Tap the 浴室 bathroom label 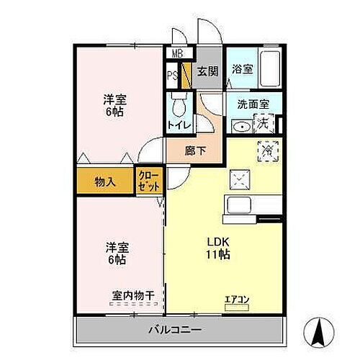click(242, 70)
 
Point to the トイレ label click(179, 125)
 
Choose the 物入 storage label click(105, 182)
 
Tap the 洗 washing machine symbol click(264, 125)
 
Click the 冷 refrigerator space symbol click(266, 150)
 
